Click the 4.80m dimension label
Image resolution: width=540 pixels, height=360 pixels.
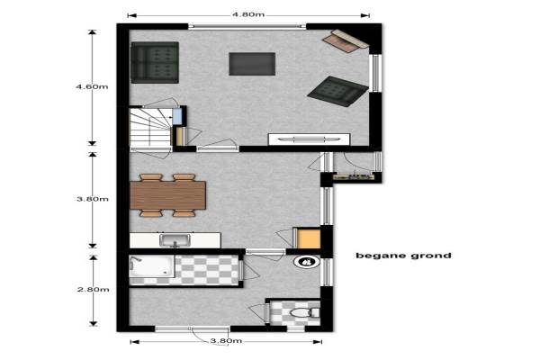tap(248, 14)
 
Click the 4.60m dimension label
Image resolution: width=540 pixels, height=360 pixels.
tap(92, 86)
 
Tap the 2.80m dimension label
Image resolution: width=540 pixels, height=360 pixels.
tap(93, 290)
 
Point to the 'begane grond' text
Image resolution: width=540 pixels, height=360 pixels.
tap(403, 256)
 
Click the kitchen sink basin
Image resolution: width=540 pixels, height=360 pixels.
tap(175, 240)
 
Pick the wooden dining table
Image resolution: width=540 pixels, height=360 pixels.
tap(168, 195)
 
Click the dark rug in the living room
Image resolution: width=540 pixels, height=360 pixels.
tap(252, 64)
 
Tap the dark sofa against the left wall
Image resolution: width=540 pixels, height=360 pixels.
tap(155, 62)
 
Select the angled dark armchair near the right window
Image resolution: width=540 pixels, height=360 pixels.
tap(337, 91)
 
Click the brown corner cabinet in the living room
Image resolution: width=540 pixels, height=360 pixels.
tap(345, 40)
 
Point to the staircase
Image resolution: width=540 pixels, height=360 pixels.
tap(150, 128)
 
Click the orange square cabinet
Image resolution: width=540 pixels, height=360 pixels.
tap(307, 238)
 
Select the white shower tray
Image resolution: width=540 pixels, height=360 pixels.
tap(151, 266)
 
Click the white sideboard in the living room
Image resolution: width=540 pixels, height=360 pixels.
tap(310, 139)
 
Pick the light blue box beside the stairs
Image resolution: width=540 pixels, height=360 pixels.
tap(176, 116)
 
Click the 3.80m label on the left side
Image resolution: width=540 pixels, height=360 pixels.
tap(93, 199)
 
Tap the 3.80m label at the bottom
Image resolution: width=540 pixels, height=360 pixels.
tap(226, 341)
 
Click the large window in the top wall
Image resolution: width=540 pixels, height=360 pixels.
tap(247, 26)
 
